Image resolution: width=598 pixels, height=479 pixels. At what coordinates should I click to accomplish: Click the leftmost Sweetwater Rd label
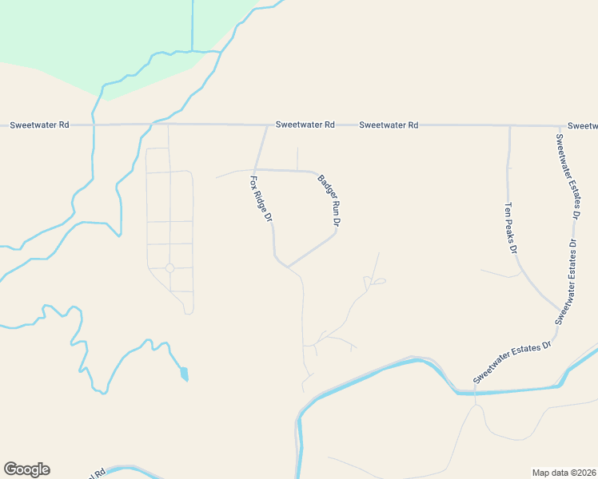point(39,125)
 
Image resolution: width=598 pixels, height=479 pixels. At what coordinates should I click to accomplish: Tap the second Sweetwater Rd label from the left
point(305,125)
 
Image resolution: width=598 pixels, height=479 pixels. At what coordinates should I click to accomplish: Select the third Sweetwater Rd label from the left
point(389,125)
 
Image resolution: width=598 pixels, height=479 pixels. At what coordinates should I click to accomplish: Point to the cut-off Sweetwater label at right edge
point(582,126)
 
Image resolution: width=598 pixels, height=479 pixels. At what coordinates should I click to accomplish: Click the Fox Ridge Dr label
point(262,198)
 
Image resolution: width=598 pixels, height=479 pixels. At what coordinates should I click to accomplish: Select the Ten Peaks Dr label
point(510,228)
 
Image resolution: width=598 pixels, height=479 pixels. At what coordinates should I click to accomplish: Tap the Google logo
point(26,469)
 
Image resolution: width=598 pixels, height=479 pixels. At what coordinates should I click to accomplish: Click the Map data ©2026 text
point(564,473)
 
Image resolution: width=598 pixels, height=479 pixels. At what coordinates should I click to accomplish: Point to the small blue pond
point(185,373)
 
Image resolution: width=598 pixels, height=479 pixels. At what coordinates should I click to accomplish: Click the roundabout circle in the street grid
point(169,268)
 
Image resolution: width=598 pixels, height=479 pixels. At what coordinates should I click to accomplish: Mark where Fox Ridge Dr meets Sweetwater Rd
point(266,125)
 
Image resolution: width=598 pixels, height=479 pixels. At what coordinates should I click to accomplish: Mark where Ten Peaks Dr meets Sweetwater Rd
point(509,125)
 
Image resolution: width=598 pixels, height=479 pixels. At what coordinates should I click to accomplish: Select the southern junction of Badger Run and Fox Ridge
point(288,267)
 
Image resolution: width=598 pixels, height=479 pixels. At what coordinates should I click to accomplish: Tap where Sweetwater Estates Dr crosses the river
point(475,391)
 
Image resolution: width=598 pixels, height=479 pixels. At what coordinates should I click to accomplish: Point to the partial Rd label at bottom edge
point(99,473)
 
